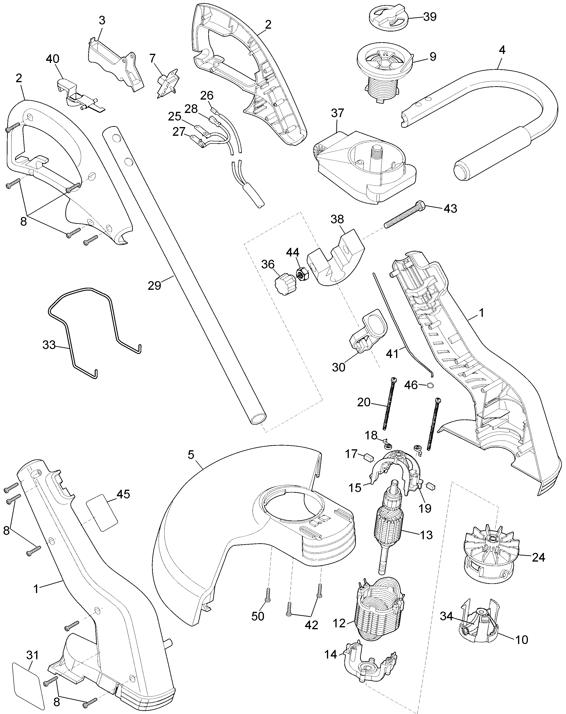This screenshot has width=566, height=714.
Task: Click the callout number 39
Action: [x=430, y=17]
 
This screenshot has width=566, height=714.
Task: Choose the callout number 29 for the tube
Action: [x=154, y=285]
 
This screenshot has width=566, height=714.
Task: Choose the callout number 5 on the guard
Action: [x=191, y=455]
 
